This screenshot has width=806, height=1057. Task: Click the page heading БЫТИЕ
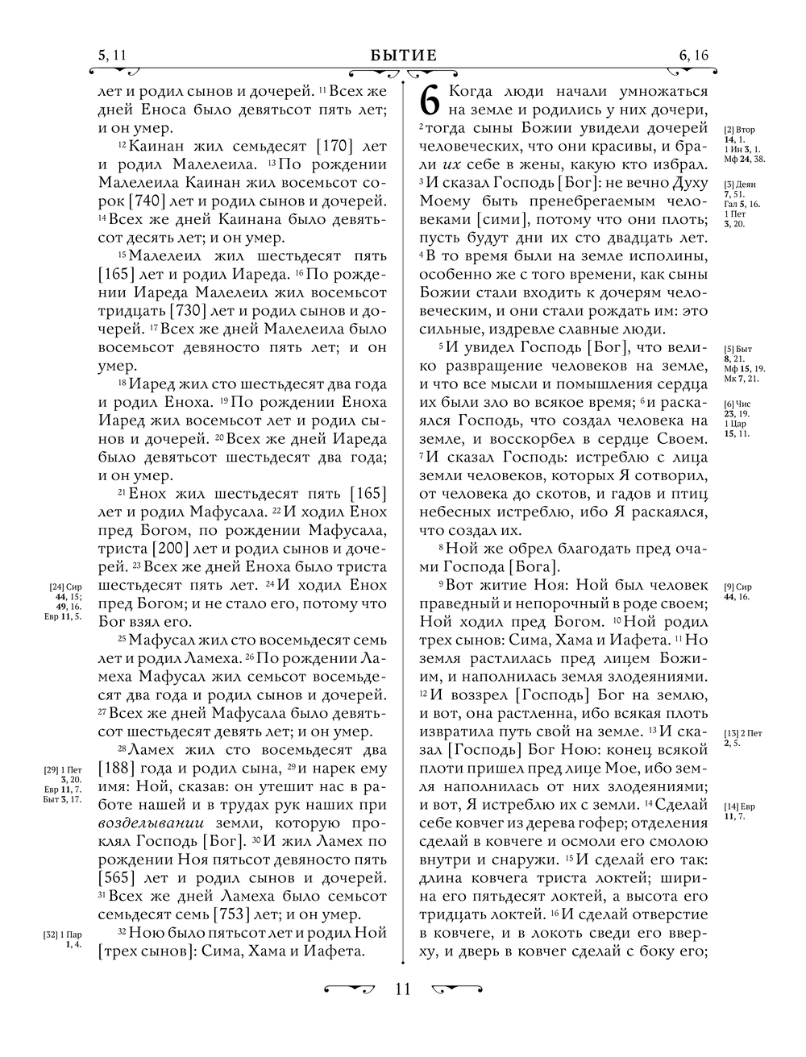[403, 55]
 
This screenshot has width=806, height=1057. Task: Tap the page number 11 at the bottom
[403, 989]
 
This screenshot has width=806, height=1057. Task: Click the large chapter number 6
[431, 100]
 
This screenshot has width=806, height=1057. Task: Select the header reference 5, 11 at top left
[112, 55]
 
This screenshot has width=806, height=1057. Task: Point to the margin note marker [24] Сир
[66, 587]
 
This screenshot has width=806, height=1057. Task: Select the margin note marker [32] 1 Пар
[63, 935]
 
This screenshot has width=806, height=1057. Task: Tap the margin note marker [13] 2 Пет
[743, 732]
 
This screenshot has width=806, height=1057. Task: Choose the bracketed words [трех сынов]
[145, 951]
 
